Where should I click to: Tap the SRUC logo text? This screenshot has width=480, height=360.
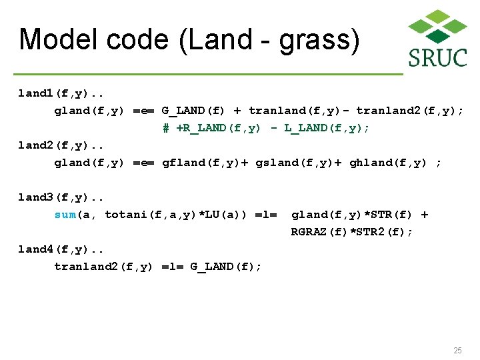pyautogui.click(x=437, y=57)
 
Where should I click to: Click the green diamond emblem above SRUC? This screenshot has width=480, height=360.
pyautogui.click(x=437, y=26)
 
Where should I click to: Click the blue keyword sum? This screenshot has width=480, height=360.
pyautogui.click(x=65, y=215)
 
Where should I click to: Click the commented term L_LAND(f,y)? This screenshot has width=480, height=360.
pyautogui.click(x=327, y=128)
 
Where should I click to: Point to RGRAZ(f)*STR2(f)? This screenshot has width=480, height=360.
pyautogui.click(x=352, y=232)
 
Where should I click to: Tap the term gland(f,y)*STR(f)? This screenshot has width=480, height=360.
pyautogui.click(x=352, y=215)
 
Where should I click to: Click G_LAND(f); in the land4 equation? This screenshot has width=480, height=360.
pyautogui.click(x=226, y=267)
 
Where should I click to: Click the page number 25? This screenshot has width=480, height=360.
pyautogui.click(x=457, y=351)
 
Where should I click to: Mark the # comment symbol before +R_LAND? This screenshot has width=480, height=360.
pyautogui.click(x=166, y=128)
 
